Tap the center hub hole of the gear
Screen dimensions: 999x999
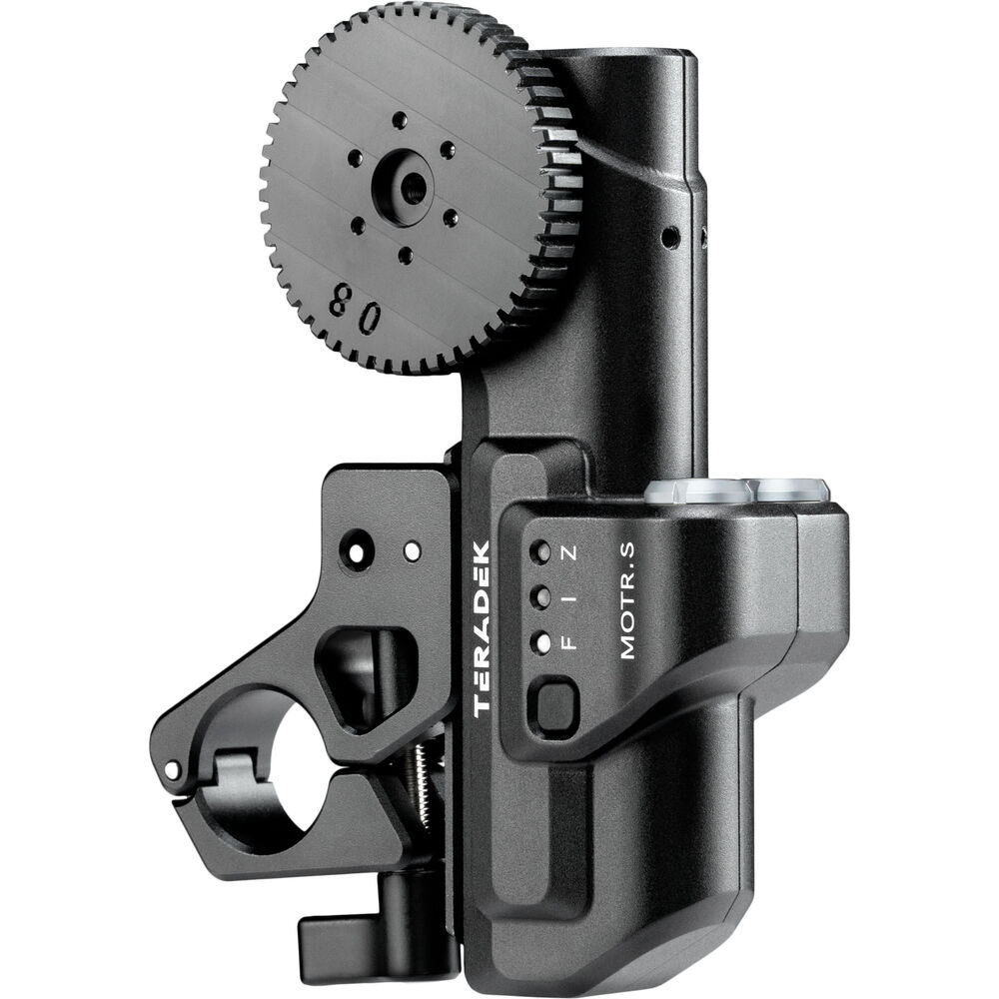(x=410, y=182)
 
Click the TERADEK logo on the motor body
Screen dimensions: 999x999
(x=481, y=628)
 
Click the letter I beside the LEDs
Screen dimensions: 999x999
(x=570, y=597)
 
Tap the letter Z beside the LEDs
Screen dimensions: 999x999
(x=570, y=551)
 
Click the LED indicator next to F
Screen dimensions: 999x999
(x=542, y=642)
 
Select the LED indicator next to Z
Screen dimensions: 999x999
(x=541, y=551)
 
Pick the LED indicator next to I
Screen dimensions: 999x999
(x=541, y=597)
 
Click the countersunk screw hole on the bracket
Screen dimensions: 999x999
(x=357, y=546)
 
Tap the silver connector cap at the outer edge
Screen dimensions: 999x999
(x=792, y=489)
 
